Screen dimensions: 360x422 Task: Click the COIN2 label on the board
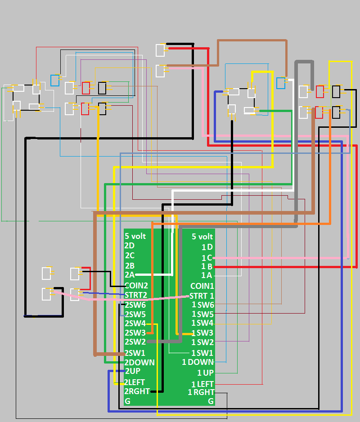pos(136,285)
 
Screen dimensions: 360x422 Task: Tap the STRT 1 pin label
pos(202,296)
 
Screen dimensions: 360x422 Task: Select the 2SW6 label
pos(135,305)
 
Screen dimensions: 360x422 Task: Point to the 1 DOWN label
pos(198,362)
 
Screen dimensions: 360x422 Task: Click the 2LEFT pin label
pos(135,382)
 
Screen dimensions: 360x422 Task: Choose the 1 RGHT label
pos(201,392)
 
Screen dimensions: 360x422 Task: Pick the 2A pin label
pos(130,275)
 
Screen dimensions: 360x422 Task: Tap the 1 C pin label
pos(207,258)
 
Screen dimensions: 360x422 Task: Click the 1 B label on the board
pos(207,266)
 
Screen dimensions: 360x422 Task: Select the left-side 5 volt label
pos(135,236)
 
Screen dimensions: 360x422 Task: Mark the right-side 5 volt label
pos(202,237)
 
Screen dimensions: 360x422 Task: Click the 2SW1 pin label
pos(135,353)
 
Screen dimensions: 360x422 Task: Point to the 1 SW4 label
pos(202,323)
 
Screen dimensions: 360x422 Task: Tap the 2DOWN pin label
pos(139,362)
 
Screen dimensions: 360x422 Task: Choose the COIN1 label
pos(202,286)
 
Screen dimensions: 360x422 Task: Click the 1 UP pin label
pos(206,373)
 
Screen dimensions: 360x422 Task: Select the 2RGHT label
pos(137,391)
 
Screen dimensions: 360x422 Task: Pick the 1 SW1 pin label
pos(202,353)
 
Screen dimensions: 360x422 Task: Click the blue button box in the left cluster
pos(55,81)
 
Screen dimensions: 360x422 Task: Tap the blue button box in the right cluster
pos(281,83)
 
